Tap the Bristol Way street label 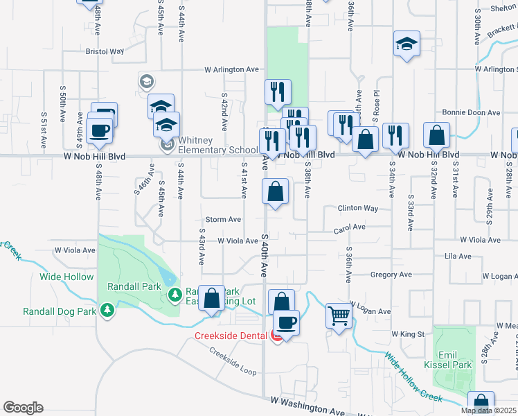tap(104, 51)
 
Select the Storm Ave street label tap(223, 219)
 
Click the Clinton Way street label tap(357, 208)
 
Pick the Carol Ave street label tap(349, 227)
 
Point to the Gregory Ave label tap(391, 275)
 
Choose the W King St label tap(407, 333)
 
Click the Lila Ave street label tap(458, 257)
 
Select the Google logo tap(23, 408)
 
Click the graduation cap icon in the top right tap(407, 44)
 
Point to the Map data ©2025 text tap(488, 410)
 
